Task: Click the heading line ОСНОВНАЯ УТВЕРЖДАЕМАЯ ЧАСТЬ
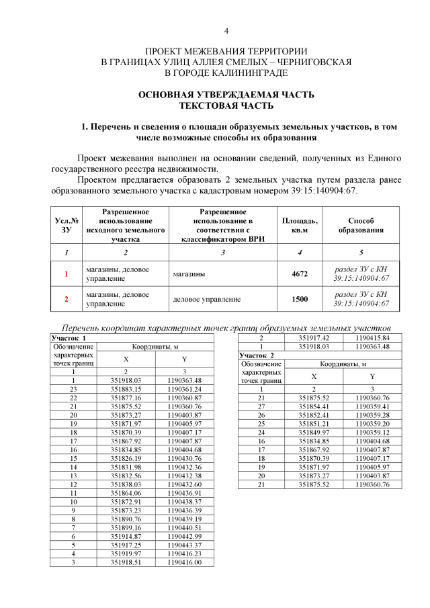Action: pyautogui.click(x=226, y=95)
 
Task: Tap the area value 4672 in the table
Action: pyautogui.click(x=299, y=274)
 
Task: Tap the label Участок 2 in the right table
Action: pyautogui.click(x=257, y=354)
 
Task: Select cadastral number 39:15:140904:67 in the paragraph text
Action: pyautogui.click(x=313, y=190)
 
